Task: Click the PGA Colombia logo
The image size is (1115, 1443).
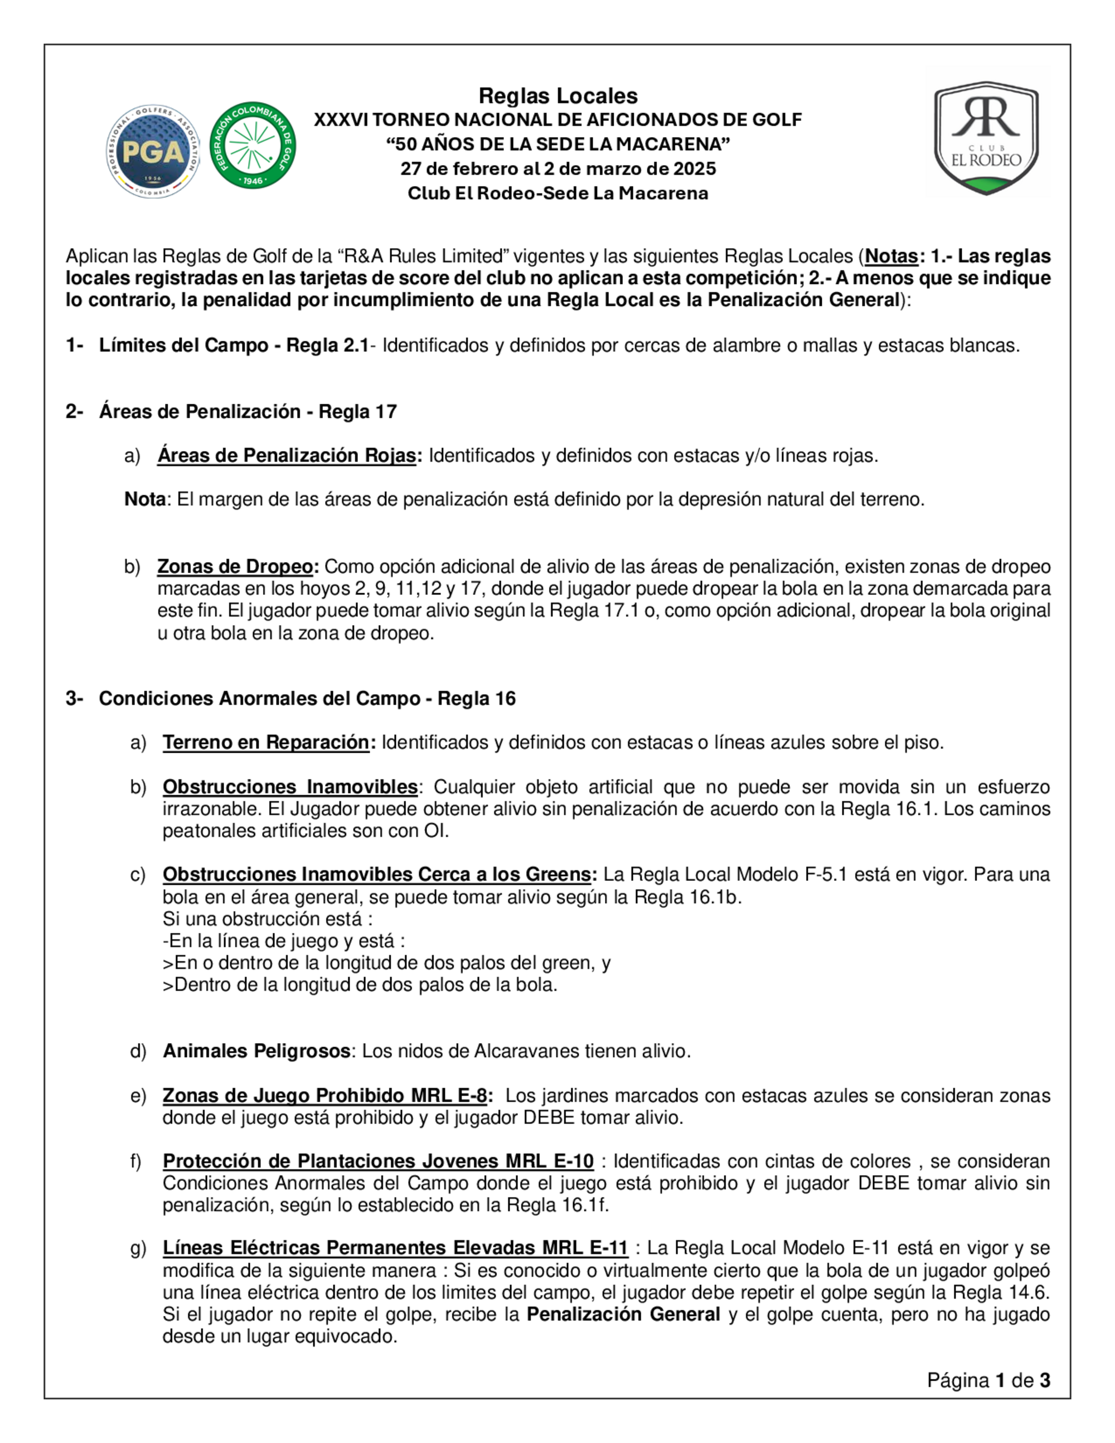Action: point(153,151)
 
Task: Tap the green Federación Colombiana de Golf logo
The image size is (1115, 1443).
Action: point(253,146)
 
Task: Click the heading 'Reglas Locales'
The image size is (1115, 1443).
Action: point(557,96)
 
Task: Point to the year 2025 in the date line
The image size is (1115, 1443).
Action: point(694,168)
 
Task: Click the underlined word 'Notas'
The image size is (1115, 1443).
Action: point(891,256)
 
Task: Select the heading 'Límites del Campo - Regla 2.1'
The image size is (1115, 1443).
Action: point(233,345)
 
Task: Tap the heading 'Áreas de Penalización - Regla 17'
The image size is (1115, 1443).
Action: point(248,411)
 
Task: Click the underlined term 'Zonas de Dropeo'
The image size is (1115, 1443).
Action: point(235,566)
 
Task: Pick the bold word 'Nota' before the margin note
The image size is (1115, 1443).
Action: point(144,499)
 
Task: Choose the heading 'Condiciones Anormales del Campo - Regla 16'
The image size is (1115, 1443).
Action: point(307,699)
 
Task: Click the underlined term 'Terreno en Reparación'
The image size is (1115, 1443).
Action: point(265,742)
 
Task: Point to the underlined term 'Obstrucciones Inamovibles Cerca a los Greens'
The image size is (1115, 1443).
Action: point(376,874)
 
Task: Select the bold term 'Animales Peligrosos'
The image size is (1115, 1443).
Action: point(256,1050)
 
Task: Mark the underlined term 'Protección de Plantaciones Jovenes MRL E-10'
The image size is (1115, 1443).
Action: point(378,1161)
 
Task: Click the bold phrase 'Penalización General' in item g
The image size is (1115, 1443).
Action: point(623,1314)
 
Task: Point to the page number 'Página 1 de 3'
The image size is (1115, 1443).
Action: point(988,1379)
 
